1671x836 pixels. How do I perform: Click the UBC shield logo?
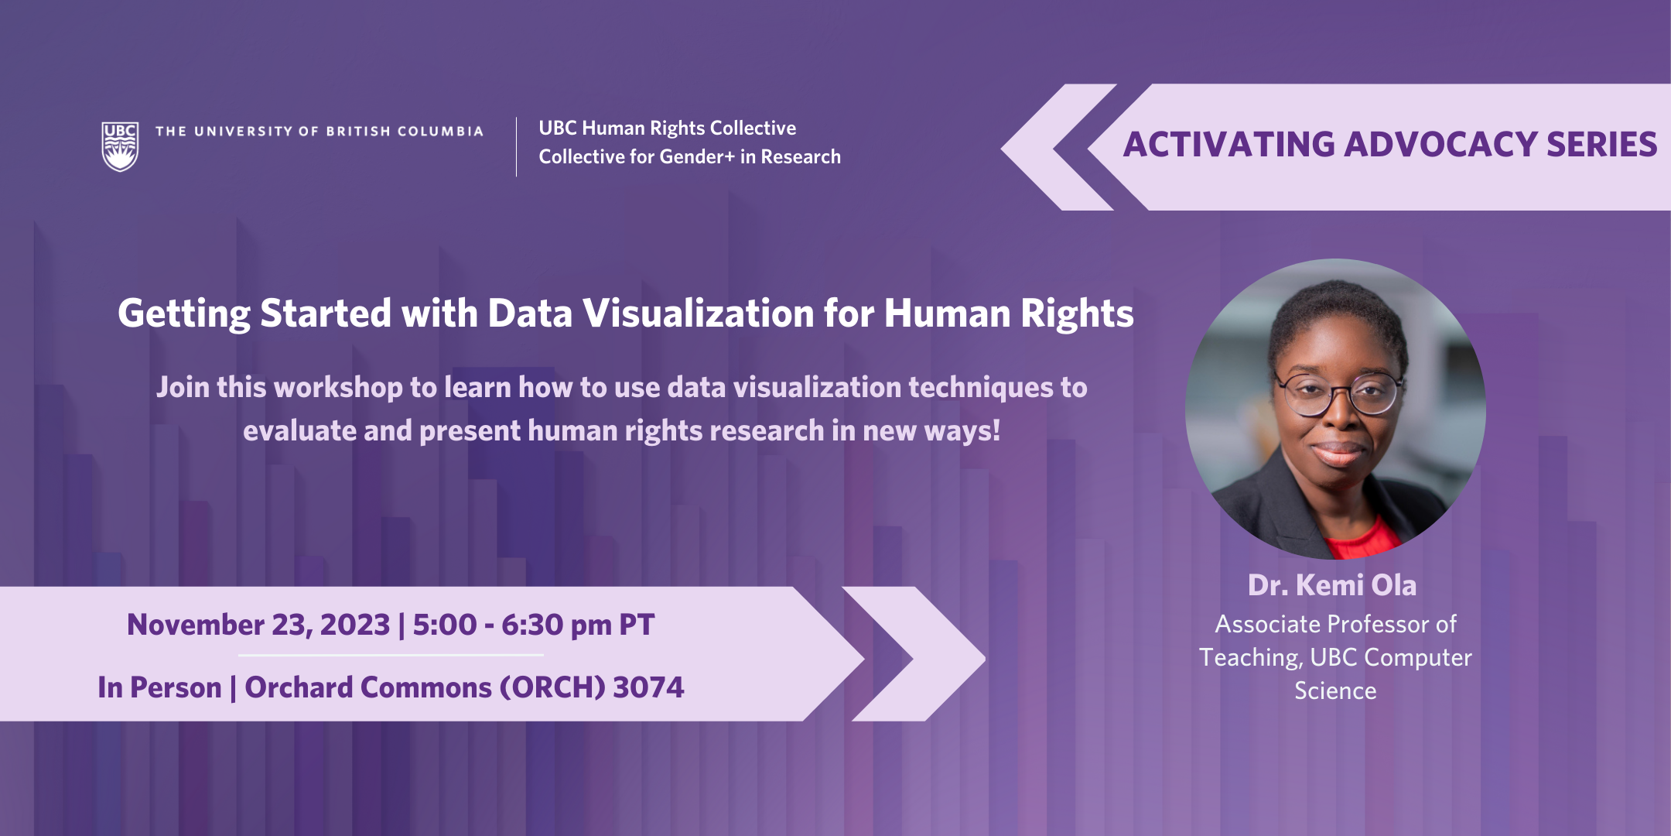(120, 146)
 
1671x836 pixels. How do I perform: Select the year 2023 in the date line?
(355, 625)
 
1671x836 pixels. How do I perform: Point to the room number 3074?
(648, 687)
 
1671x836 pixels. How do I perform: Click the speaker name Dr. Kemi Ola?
(1332, 585)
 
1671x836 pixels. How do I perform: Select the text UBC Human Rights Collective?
(668, 128)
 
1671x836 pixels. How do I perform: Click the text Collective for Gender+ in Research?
(690, 156)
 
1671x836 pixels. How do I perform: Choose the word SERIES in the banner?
(1602, 145)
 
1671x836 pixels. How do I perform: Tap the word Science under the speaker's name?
(1336, 690)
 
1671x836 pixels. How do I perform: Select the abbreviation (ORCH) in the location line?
(552, 687)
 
